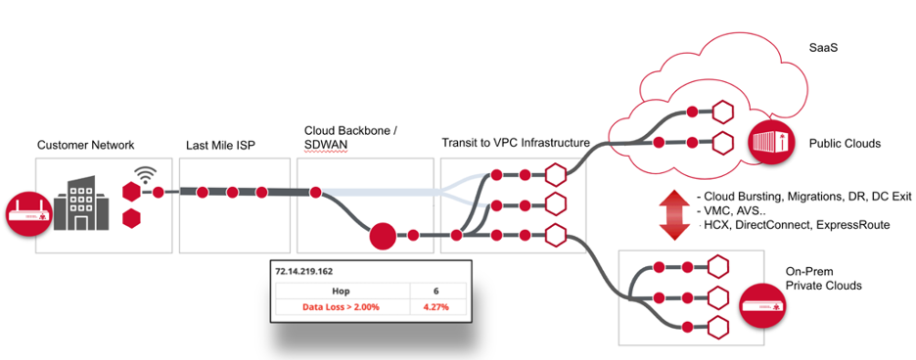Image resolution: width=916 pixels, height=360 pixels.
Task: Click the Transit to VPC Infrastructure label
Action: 516,142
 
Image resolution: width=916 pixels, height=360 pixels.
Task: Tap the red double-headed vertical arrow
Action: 670,217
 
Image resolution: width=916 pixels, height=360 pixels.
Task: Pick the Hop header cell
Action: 342,291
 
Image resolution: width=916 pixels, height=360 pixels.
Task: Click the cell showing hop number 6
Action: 436,291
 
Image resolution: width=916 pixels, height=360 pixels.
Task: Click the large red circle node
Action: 382,236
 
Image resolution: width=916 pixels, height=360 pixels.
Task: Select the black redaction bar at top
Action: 306,26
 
